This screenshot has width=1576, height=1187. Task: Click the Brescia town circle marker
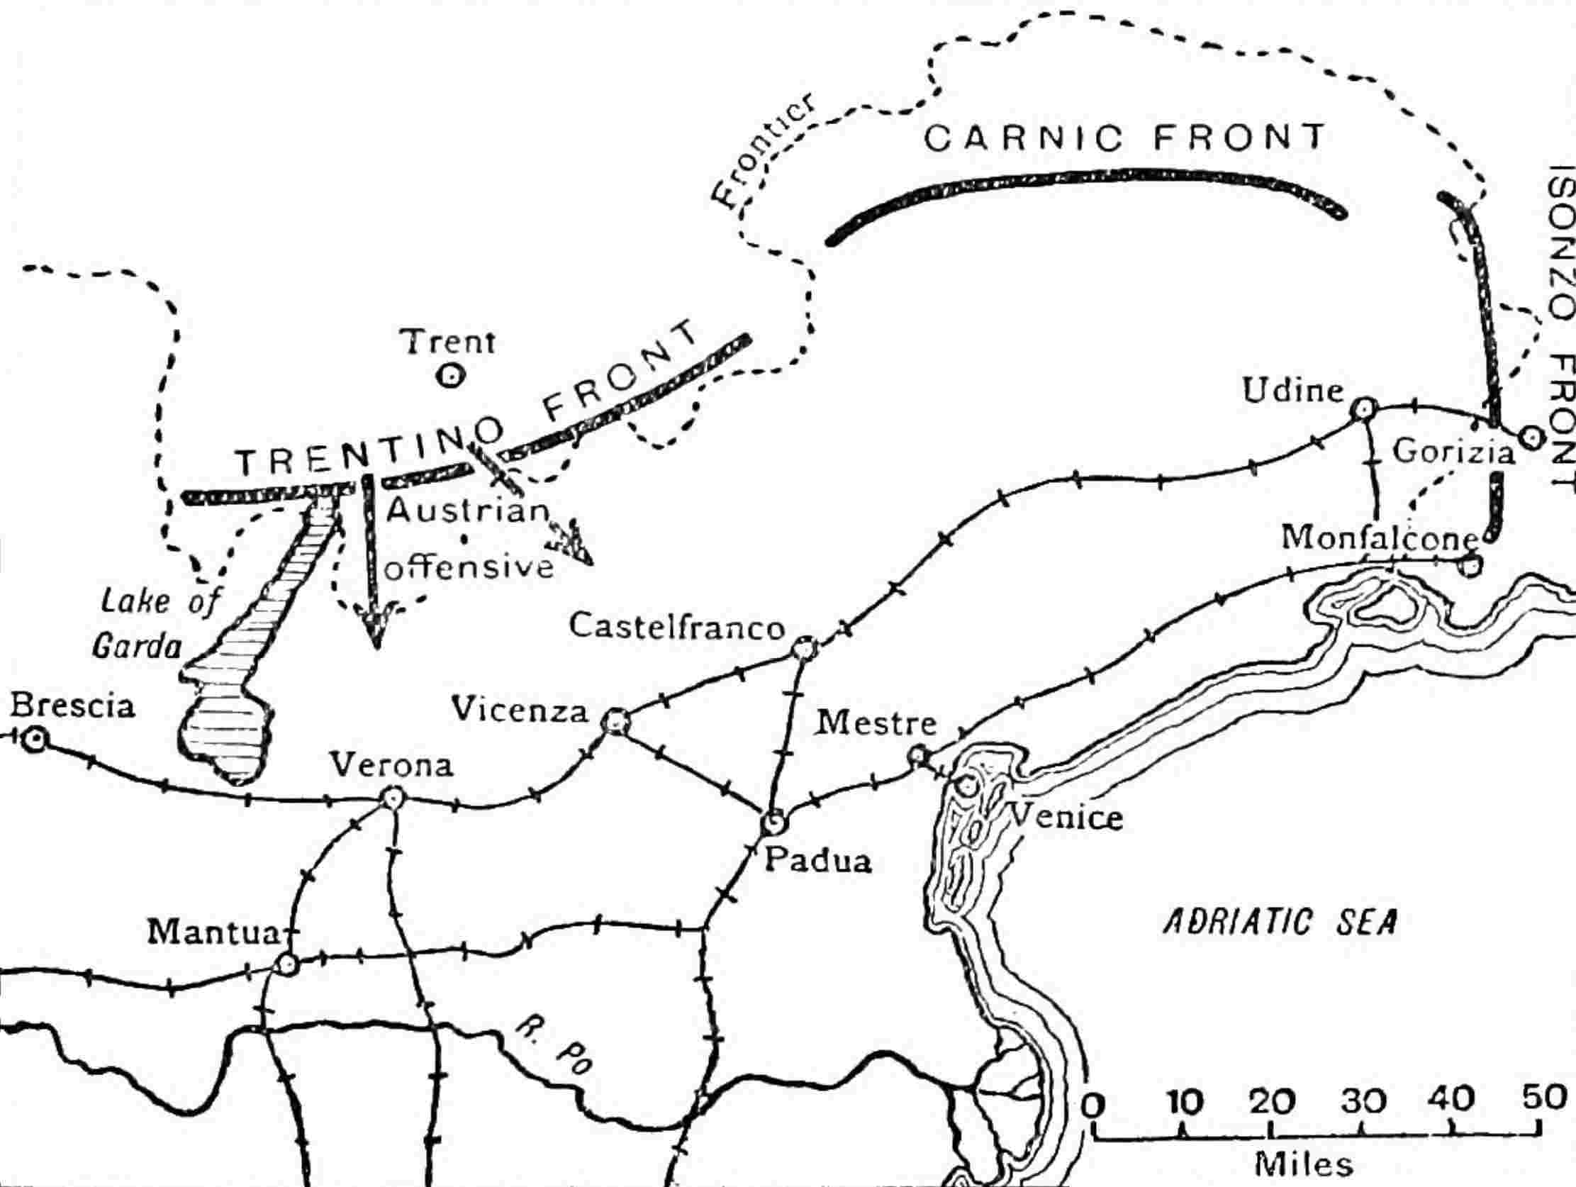33,740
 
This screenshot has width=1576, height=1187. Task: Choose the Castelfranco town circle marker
805,648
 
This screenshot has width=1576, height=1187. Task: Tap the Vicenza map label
521,710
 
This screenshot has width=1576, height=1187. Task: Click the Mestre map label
876,723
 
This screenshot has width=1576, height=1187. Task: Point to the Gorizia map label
1453,452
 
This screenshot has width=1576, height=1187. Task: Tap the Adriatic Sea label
1280,923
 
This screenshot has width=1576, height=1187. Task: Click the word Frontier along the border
759,158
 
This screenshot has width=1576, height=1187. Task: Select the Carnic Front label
1124,138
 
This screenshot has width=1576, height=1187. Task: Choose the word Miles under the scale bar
1303,1165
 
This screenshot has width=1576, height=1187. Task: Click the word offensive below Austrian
469,568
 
